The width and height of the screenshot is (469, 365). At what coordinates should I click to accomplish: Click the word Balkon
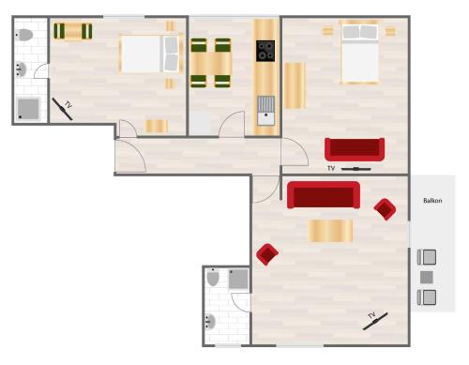click(432, 201)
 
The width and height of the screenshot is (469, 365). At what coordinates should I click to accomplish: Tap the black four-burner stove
click(265, 51)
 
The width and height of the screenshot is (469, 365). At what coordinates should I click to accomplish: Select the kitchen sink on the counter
click(266, 111)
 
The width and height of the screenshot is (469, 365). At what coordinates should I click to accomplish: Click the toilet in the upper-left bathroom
click(23, 35)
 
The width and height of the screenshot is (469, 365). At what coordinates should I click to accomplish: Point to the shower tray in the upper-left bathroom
click(28, 109)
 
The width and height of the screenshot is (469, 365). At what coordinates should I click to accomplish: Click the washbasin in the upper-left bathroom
click(21, 69)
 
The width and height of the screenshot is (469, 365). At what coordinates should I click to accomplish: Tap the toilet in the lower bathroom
click(213, 278)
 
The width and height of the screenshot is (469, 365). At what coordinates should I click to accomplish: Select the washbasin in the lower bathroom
click(210, 322)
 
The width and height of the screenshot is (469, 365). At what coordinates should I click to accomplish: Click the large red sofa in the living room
click(324, 195)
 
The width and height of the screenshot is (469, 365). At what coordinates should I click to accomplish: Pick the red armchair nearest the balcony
click(385, 209)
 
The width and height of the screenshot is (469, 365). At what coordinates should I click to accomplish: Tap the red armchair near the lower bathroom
click(267, 254)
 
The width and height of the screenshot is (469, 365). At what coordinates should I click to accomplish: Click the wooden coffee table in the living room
click(330, 231)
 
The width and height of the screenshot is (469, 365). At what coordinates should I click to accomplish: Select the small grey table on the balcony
click(427, 278)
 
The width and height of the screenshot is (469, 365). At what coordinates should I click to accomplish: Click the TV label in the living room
click(371, 315)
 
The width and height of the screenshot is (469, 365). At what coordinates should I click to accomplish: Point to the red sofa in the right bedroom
click(355, 149)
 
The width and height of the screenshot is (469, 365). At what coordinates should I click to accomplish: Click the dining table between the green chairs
click(211, 63)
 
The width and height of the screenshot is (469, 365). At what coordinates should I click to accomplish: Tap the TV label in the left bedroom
click(68, 105)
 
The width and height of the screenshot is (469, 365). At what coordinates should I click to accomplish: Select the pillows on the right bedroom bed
click(360, 32)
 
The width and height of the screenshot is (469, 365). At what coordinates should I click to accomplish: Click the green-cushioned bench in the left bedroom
click(73, 31)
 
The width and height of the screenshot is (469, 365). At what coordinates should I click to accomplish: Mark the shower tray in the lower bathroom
click(238, 279)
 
